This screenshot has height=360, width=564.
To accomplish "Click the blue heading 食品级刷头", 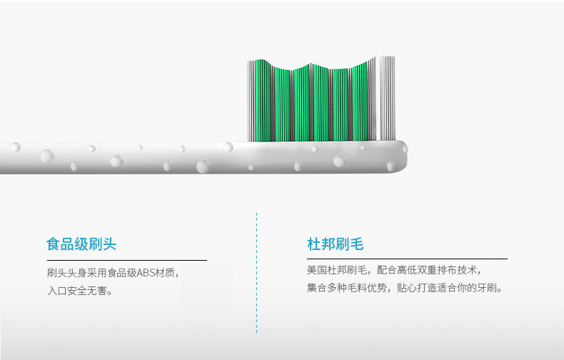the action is coord(81,244).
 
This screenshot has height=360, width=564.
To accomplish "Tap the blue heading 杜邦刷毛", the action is coord(335,244).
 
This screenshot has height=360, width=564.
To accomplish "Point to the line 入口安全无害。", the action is coord(80,291).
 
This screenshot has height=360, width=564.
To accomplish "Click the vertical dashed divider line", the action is coord(257,271).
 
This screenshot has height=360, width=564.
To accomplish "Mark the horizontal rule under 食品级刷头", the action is coord(126,260).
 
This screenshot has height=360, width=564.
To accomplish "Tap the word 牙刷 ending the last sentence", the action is coord(490,288).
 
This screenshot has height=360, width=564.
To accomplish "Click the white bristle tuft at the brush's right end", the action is coord(386,98).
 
